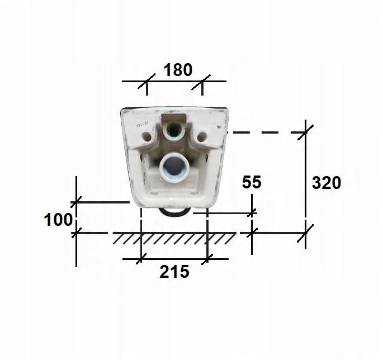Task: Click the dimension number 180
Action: coord(178,70)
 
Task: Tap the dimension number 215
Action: coord(174,272)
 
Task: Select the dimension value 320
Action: coord(327,183)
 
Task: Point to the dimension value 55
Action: coord(252,182)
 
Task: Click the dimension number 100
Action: coord(58,220)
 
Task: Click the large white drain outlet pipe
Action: coord(173,167)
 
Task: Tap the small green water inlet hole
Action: coord(173,130)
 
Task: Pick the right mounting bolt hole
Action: coord(202,137)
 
